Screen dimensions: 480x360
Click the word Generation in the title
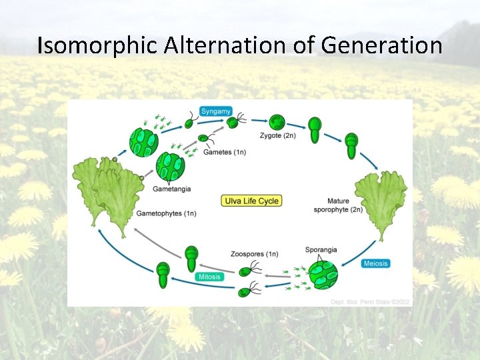click(x=381, y=45)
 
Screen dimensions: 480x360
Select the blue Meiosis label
click(x=376, y=263)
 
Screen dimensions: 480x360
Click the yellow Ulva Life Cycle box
click(x=251, y=200)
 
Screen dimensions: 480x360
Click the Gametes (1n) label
click(x=223, y=152)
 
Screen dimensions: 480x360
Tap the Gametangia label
click(x=171, y=189)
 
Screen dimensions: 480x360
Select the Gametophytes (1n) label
click(x=166, y=213)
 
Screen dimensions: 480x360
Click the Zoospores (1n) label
click(x=255, y=253)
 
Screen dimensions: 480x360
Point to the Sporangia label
click(x=321, y=250)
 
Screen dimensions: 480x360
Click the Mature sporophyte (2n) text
click(x=338, y=205)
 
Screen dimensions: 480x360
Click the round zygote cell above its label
click(x=277, y=122)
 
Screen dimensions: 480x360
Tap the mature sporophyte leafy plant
click(x=381, y=200)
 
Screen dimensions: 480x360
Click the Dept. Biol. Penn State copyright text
click(x=370, y=302)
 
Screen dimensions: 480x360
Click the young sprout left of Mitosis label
click(x=163, y=275)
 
